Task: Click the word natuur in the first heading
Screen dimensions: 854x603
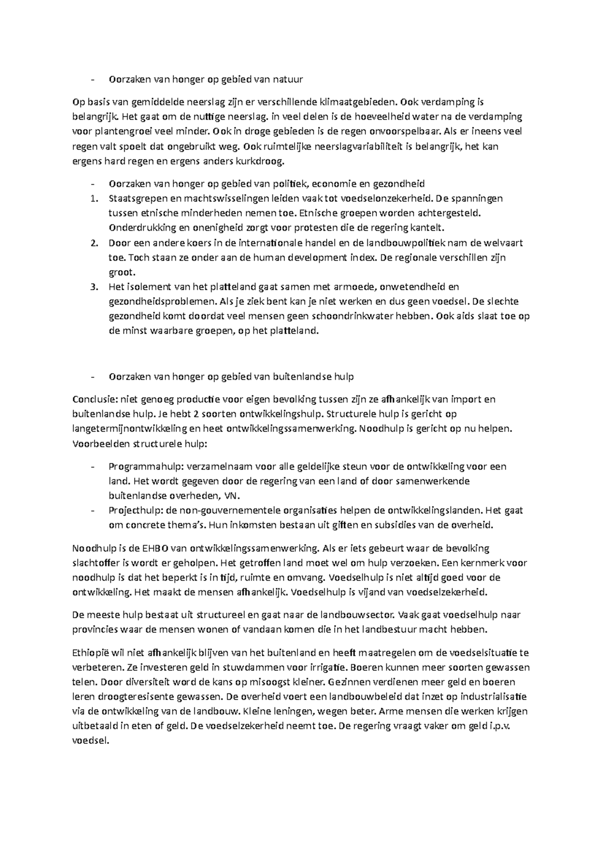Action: (289, 79)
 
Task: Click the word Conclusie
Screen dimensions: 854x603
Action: (94, 400)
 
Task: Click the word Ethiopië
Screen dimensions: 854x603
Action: (90, 653)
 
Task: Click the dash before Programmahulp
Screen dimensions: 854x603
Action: (92, 467)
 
